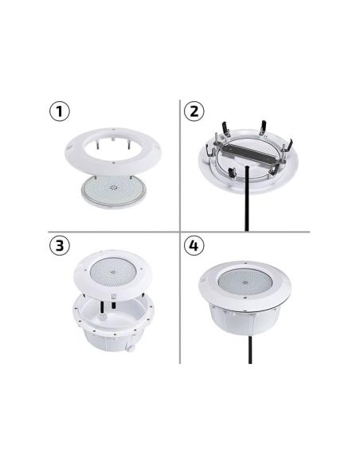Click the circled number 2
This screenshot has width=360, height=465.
click(x=194, y=111)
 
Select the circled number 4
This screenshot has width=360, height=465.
click(x=194, y=245)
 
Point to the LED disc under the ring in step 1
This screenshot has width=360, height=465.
click(x=115, y=192)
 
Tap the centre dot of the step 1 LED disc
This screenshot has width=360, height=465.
click(x=115, y=191)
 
